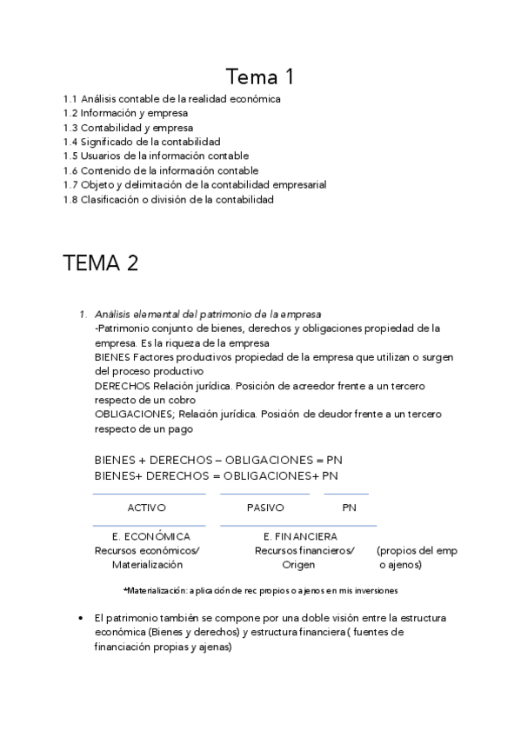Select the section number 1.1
tap(70, 99)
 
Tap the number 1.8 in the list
tap(70, 199)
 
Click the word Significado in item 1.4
tap(108, 142)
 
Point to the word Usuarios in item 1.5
tap(101, 156)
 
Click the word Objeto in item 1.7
tap(97, 185)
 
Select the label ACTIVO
tap(147, 508)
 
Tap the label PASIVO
tap(265, 508)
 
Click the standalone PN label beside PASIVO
tap(349, 508)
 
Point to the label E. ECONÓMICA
tap(151, 536)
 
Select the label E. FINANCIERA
tap(300, 536)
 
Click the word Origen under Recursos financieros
tap(298, 565)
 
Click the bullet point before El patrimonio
tap(81, 618)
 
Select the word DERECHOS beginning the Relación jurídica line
tap(122, 385)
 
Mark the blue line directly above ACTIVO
tap(149, 494)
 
